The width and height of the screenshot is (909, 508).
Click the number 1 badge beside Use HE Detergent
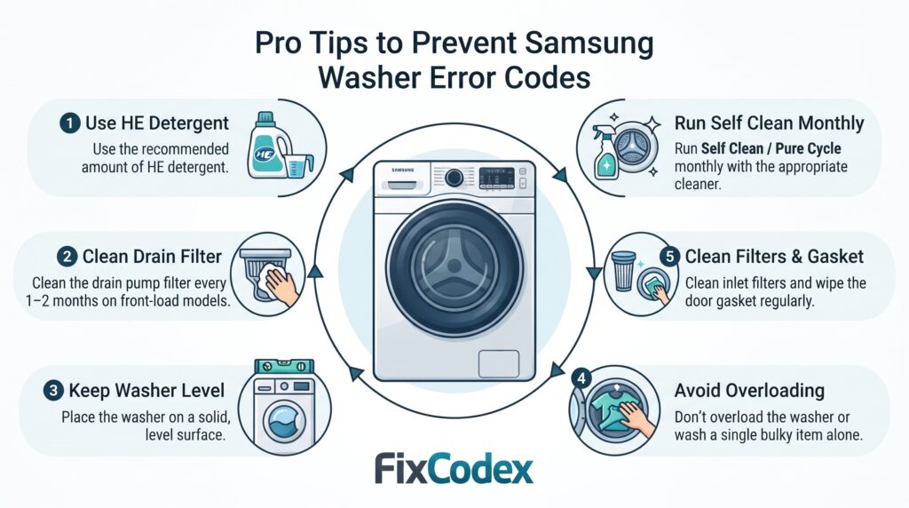(x=70, y=123)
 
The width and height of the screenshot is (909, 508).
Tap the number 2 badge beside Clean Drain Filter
(x=67, y=257)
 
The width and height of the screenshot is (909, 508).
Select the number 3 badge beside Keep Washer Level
(x=53, y=390)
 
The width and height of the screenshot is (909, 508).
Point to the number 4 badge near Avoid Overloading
(x=581, y=378)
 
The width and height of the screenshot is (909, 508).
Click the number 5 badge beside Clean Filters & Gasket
(x=669, y=257)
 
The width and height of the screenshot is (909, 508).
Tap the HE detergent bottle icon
(x=268, y=145)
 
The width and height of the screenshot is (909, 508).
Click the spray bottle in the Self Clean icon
(x=605, y=153)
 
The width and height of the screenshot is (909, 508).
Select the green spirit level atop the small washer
(x=284, y=367)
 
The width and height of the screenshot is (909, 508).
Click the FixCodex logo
(x=454, y=469)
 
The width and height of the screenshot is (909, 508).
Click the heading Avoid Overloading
(x=749, y=390)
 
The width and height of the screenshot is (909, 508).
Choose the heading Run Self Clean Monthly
(x=770, y=123)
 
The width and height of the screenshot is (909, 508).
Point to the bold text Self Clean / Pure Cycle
(x=771, y=148)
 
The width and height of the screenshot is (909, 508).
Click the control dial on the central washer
(x=454, y=178)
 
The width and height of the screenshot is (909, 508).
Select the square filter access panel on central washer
(x=499, y=363)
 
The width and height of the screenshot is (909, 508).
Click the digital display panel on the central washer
(x=497, y=178)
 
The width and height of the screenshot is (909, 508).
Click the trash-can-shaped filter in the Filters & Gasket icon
(x=623, y=271)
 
